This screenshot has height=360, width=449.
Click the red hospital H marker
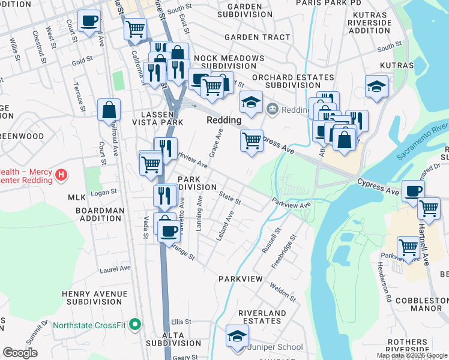(x=60, y=175)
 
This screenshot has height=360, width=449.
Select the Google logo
(x=20, y=353)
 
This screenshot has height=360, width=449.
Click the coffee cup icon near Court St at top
(x=89, y=21)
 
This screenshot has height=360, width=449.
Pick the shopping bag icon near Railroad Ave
(x=109, y=110)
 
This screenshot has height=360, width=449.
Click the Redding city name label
(x=223, y=120)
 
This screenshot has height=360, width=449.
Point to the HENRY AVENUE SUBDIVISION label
(x=94, y=298)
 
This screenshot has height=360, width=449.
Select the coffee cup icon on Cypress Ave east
(x=413, y=191)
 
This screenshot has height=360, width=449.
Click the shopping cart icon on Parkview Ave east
(x=408, y=247)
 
